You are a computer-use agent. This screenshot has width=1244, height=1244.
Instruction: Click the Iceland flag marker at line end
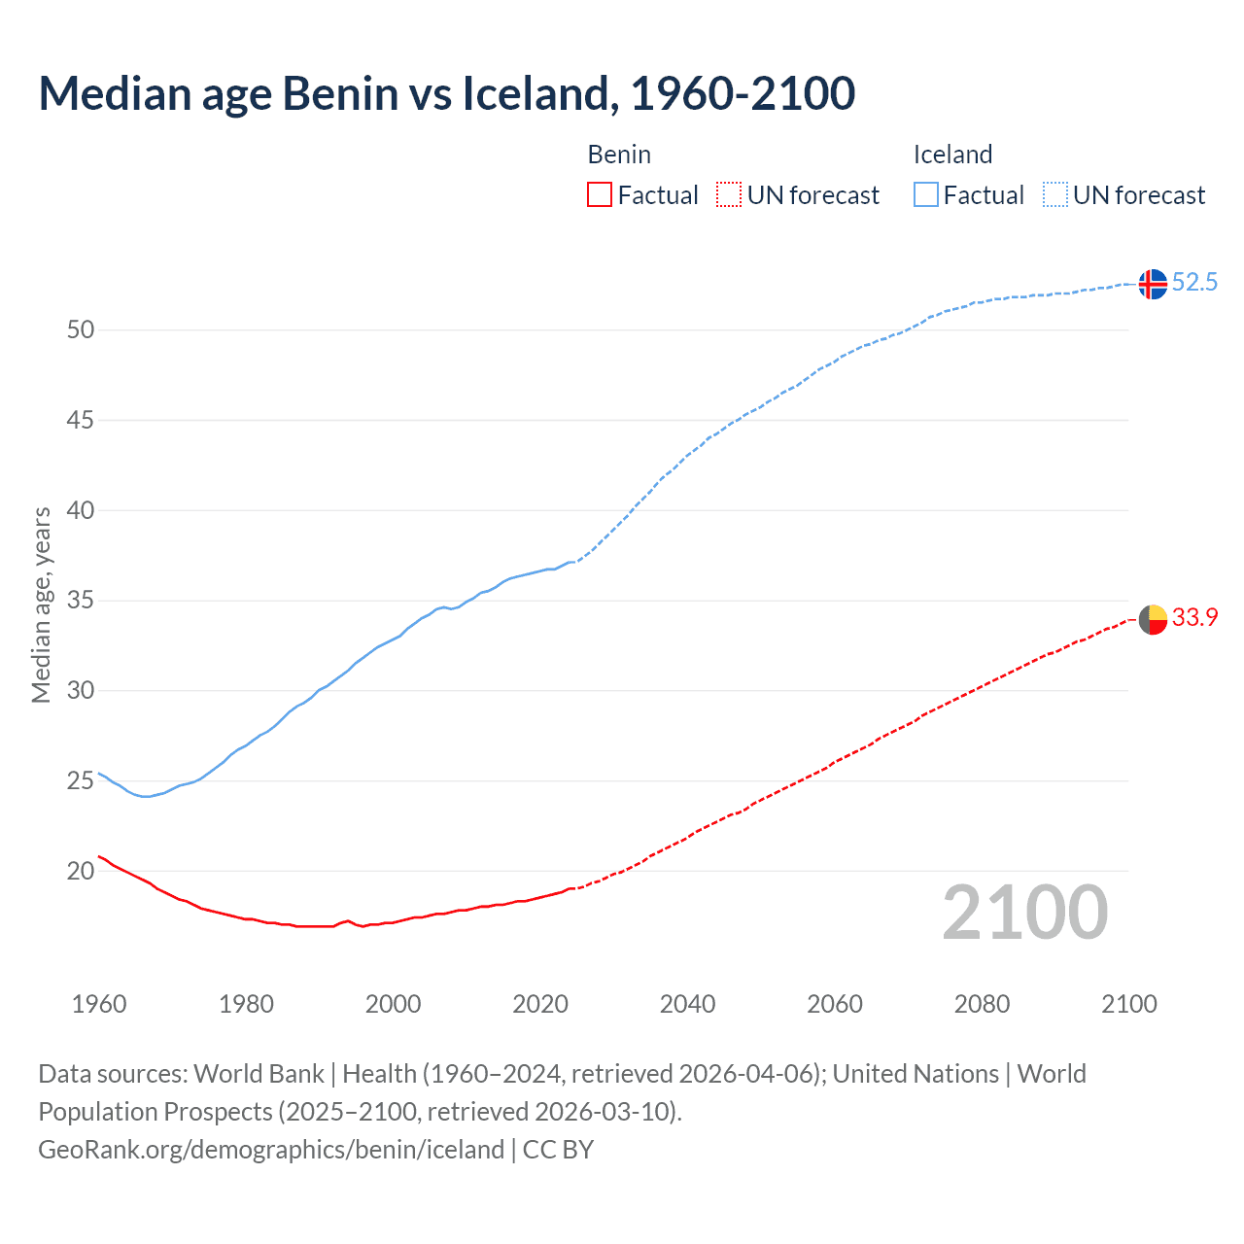(x=1152, y=284)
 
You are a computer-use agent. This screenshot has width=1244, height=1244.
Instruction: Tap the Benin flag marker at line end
(x=1152, y=618)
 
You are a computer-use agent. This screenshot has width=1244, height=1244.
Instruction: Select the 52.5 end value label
(x=1194, y=283)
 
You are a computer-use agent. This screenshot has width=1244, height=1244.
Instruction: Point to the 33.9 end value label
(x=1194, y=617)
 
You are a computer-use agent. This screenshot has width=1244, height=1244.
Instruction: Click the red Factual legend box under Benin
(x=600, y=194)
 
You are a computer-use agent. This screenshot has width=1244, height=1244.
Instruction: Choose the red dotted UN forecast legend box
(x=729, y=194)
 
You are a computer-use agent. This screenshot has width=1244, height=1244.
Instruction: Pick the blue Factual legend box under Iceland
(x=925, y=194)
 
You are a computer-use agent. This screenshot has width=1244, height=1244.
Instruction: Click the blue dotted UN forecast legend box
(x=1054, y=194)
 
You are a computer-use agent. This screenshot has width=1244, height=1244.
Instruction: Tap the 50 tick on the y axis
(x=81, y=329)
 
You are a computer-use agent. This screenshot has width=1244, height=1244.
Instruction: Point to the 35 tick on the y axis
(x=81, y=601)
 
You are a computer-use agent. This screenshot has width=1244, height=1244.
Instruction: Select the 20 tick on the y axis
(x=81, y=871)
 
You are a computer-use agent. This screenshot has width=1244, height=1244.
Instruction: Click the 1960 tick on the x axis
(x=99, y=1004)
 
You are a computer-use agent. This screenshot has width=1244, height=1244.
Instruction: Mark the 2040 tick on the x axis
(x=687, y=1004)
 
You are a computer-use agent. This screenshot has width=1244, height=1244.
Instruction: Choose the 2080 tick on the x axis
(x=982, y=1004)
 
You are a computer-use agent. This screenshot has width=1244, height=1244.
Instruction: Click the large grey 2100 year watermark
(x=1024, y=912)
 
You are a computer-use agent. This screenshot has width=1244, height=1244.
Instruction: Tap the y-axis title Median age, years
(x=41, y=605)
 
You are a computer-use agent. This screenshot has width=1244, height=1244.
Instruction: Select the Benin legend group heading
(x=619, y=155)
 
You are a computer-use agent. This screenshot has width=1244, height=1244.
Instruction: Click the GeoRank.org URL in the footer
(x=271, y=1150)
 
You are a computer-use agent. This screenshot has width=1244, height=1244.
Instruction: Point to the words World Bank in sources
(x=259, y=1074)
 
